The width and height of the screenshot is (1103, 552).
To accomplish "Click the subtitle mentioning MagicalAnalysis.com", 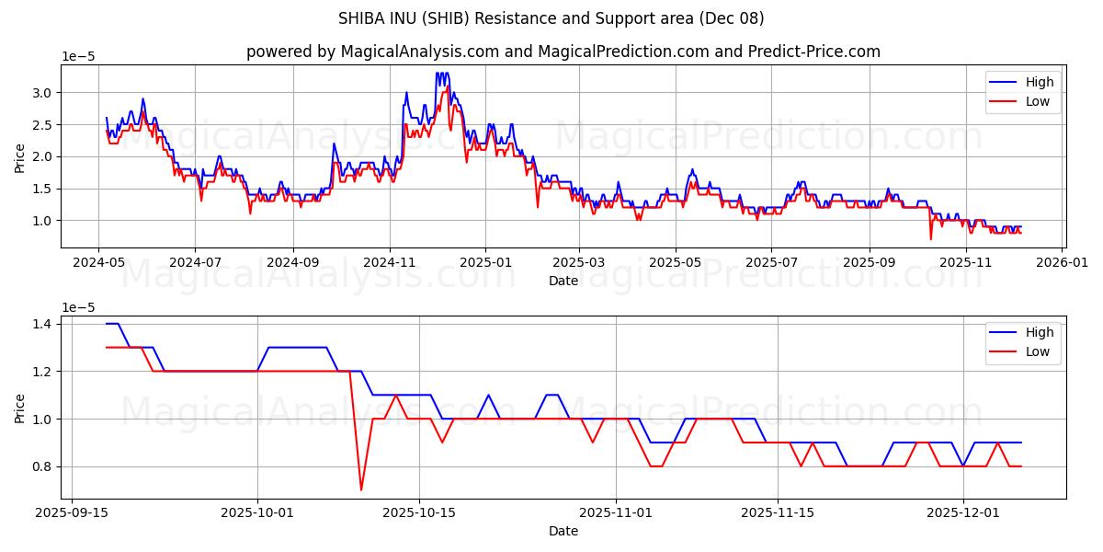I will tap(563, 52).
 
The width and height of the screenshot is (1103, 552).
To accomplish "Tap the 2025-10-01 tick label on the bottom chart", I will tap(257, 513).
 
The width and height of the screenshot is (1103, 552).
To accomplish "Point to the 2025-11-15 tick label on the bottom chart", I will tap(778, 513).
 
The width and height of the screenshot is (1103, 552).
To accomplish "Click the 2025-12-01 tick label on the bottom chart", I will tap(962, 513).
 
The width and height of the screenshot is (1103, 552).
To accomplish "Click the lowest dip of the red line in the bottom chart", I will tap(361, 489).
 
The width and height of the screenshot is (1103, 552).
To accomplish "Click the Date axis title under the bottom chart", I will tap(563, 531).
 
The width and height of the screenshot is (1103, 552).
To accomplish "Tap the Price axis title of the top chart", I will tap(20, 157).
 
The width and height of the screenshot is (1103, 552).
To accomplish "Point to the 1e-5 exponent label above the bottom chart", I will tap(78, 306).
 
